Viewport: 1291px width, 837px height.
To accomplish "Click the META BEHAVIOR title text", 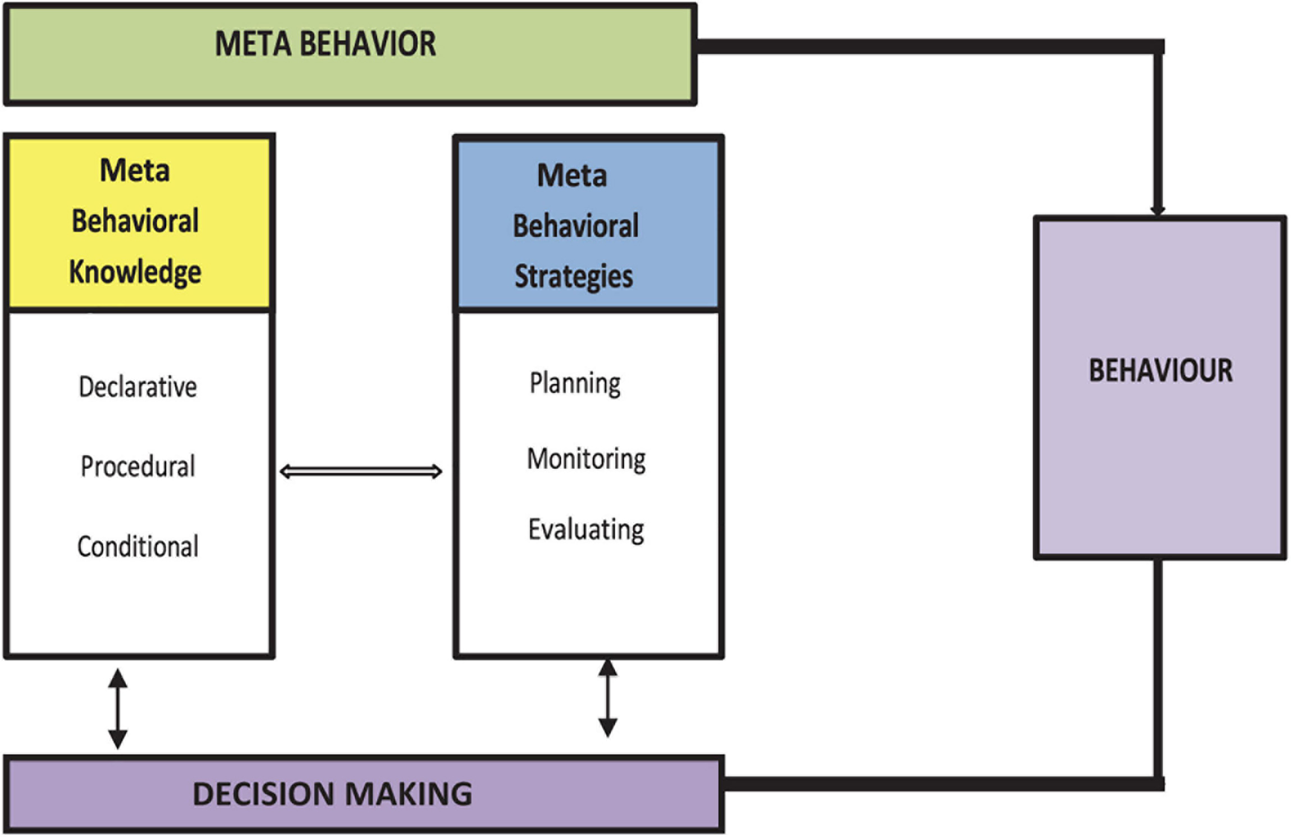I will pyautogui.click(x=325, y=44).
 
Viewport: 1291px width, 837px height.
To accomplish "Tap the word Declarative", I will pyautogui.click(x=138, y=387).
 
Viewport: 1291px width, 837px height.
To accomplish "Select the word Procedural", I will pyautogui.click(x=138, y=466).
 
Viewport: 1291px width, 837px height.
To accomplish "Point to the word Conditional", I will pyautogui.click(x=138, y=546).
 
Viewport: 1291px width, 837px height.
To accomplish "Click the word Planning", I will pyautogui.click(x=575, y=383).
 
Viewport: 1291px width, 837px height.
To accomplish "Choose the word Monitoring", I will pyautogui.click(x=586, y=459).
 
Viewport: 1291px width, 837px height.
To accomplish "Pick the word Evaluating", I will pyautogui.click(x=586, y=529).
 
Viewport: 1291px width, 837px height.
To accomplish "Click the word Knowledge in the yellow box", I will pyautogui.click(x=135, y=272).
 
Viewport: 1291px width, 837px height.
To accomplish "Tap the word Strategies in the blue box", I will pyautogui.click(x=574, y=276).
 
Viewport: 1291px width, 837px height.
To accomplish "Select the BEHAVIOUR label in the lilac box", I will pyautogui.click(x=1161, y=371).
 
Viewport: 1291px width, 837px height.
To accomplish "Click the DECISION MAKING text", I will pyautogui.click(x=332, y=794).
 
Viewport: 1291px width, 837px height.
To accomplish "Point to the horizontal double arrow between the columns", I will pyautogui.click(x=361, y=471).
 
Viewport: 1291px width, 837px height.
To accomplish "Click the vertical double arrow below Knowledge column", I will pyautogui.click(x=117, y=708).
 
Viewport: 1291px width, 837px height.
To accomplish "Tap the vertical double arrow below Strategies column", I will pyautogui.click(x=608, y=698).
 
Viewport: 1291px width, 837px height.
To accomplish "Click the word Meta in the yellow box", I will pyautogui.click(x=135, y=170).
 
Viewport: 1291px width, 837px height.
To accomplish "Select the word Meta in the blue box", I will pyautogui.click(x=572, y=175).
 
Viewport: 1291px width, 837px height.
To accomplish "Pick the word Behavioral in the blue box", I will pyautogui.click(x=575, y=226).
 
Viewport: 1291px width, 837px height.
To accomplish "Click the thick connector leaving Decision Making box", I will pyautogui.click(x=943, y=784).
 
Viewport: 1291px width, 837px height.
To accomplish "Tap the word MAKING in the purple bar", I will pyautogui.click(x=408, y=794).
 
